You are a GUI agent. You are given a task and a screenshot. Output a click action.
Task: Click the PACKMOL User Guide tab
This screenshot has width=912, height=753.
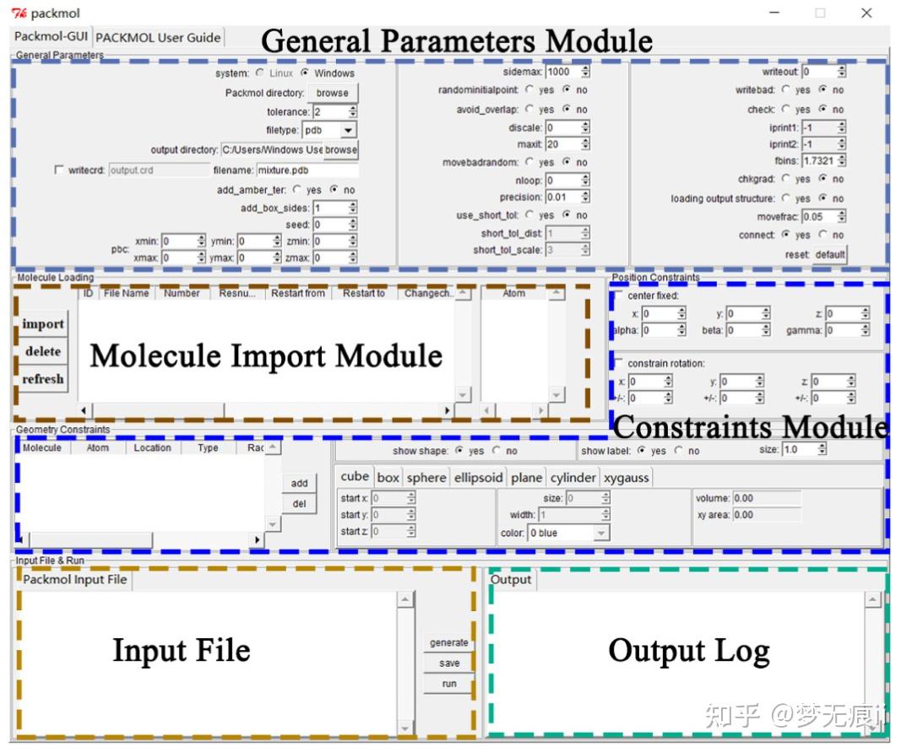pyautogui.click(x=159, y=37)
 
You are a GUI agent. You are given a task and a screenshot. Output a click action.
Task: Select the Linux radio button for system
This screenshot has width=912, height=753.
pyautogui.click(x=259, y=73)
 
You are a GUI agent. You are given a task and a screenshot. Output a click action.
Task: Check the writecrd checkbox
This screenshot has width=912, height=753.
pyautogui.click(x=58, y=170)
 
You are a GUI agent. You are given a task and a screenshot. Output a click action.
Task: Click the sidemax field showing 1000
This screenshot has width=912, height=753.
pyautogui.click(x=562, y=73)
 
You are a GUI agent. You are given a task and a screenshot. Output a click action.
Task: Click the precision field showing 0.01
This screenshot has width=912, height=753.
pyautogui.click(x=562, y=197)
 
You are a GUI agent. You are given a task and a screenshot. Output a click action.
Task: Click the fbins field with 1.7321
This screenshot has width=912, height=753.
pyautogui.click(x=818, y=160)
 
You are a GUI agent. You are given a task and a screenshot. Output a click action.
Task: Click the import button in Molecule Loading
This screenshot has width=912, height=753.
pyautogui.click(x=43, y=324)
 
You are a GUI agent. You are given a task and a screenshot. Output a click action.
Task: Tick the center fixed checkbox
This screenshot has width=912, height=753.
pyautogui.click(x=620, y=295)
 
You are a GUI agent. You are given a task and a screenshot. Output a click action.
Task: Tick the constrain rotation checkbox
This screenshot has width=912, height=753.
pyautogui.click(x=620, y=363)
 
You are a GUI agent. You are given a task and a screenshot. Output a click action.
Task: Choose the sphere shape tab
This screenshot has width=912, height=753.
pyautogui.click(x=426, y=478)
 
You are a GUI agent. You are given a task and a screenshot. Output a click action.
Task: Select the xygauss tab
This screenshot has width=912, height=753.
pyautogui.click(x=626, y=478)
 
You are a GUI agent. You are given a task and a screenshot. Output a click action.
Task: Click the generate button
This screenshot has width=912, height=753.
pyautogui.click(x=448, y=642)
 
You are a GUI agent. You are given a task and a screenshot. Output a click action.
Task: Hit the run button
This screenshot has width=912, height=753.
pyautogui.click(x=448, y=684)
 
